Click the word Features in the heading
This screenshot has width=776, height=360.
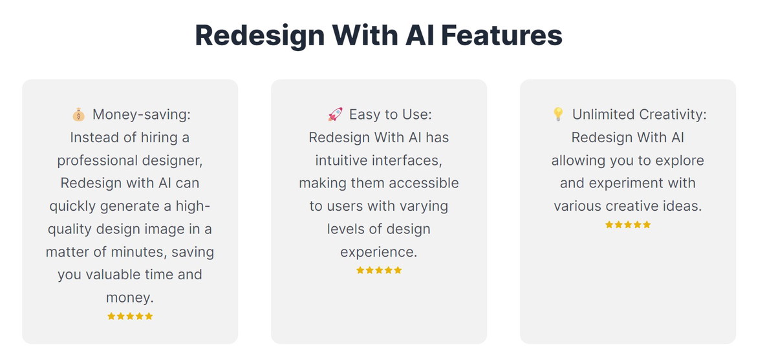point(502,36)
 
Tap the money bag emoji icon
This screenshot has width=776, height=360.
point(79,114)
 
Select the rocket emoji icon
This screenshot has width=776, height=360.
point(336,114)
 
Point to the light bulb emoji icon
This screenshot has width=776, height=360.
point(558,114)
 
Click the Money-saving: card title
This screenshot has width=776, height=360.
point(142,114)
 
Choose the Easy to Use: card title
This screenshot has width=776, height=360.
point(391,114)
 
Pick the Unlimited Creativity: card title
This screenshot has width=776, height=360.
point(639,114)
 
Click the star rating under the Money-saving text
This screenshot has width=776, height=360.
point(130,316)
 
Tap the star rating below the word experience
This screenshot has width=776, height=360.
point(379,270)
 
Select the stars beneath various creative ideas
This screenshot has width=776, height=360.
point(628,225)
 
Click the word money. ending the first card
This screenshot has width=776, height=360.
point(130,298)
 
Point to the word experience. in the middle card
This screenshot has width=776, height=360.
point(379,252)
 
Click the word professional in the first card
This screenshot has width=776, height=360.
point(97,161)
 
